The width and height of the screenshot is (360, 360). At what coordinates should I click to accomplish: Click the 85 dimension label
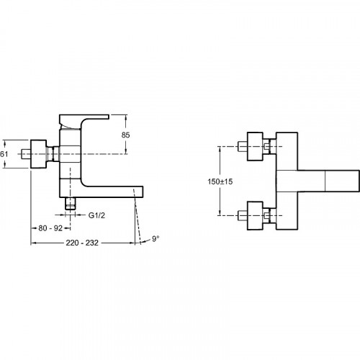tap(125, 135)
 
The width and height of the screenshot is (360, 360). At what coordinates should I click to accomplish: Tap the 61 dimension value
tap(4, 154)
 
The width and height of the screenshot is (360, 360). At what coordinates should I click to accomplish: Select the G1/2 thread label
tap(96, 215)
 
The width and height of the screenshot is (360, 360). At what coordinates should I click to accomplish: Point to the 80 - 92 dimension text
tap(50, 228)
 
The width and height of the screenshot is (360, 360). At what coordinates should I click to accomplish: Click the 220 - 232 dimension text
tap(82, 243)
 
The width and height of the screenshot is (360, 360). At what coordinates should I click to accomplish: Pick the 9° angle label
tap(156, 238)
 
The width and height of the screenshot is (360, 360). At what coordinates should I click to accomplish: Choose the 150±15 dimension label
tap(220, 181)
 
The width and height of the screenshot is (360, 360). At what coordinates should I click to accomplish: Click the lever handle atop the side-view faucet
tap(84, 122)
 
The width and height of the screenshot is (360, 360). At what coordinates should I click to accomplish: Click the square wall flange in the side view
tap(38, 154)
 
